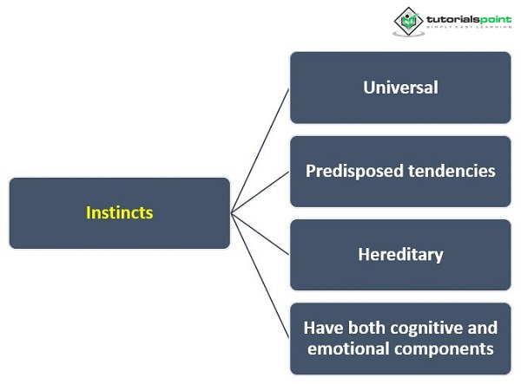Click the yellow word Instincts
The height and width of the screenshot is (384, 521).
tap(120, 212)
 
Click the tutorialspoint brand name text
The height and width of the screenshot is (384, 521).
tap(465, 17)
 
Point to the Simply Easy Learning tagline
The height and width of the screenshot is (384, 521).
tap(465, 29)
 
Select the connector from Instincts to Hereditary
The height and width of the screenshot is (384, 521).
tap(260, 234)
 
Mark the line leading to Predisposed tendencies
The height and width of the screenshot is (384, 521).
tap(260, 192)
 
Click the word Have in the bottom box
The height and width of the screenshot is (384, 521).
tap(321, 328)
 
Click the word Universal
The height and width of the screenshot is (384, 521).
tap(400, 88)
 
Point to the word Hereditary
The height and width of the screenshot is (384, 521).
tap(400, 255)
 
